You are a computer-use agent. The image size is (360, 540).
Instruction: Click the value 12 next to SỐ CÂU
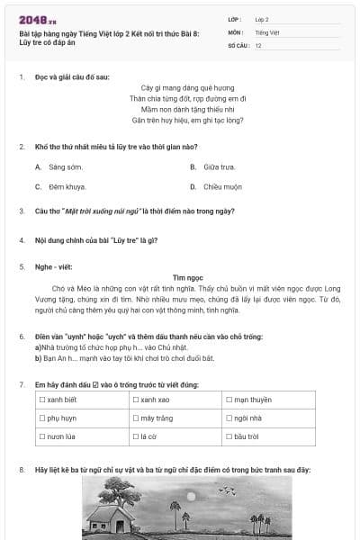click(x=258, y=44)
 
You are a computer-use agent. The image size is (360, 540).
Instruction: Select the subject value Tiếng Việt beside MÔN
click(x=267, y=31)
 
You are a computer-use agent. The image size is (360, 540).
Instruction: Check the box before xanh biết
click(x=42, y=400)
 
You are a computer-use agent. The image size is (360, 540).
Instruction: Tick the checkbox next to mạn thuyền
click(x=229, y=400)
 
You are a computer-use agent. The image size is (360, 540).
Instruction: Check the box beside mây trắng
click(x=136, y=418)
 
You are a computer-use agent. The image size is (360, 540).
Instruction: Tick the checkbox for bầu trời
click(x=229, y=437)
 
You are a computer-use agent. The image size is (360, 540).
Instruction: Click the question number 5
click(x=22, y=266)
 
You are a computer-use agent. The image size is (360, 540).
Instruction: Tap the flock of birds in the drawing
click(x=227, y=490)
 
